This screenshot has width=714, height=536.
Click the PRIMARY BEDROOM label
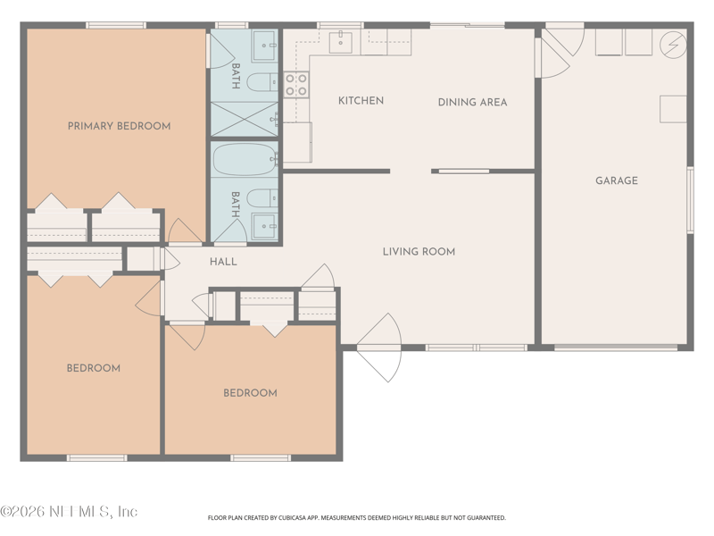click(120, 126)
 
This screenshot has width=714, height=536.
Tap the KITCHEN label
click(361, 101)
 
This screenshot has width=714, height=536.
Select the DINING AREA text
click(473, 102)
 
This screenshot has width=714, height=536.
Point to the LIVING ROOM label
click(419, 252)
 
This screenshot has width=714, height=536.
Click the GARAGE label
click(617, 180)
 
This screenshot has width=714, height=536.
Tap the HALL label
click(223, 262)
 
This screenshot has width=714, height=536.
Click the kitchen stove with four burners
click(296, 85)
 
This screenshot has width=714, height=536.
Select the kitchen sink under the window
click(341, 42)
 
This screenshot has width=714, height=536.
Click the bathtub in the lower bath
click(245, 159)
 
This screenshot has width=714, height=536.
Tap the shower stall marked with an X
click(245, 119)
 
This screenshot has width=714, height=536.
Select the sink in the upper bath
click(264, 46)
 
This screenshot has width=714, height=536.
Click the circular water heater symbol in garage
click(673, 46)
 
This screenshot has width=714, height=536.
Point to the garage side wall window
click(690, 200)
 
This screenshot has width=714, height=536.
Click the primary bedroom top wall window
click(116, 25)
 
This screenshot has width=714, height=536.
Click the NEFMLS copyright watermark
click(69, 511)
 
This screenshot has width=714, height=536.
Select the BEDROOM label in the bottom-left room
click(94, 368)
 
